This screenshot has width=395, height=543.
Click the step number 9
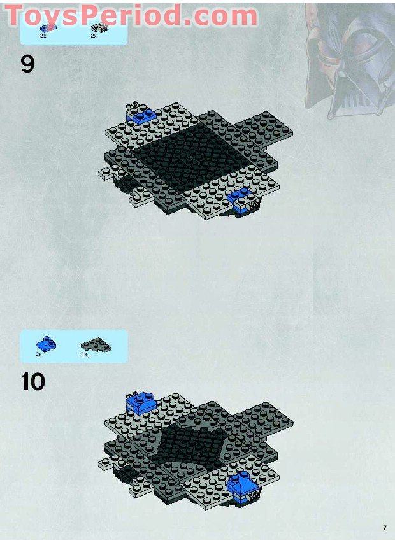click(28, 64)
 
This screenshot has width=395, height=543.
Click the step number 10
click(33, 382)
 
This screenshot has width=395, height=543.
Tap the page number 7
click(385, 528)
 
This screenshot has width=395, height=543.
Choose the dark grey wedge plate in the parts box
click(96, 345)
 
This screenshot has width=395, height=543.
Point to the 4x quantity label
click(84, 355)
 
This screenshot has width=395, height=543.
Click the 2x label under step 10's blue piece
click(38, 355)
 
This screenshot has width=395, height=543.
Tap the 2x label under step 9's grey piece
click(94, 36)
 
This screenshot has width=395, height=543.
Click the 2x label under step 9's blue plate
click(43, 36)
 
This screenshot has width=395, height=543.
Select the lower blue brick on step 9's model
click(241, 200)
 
